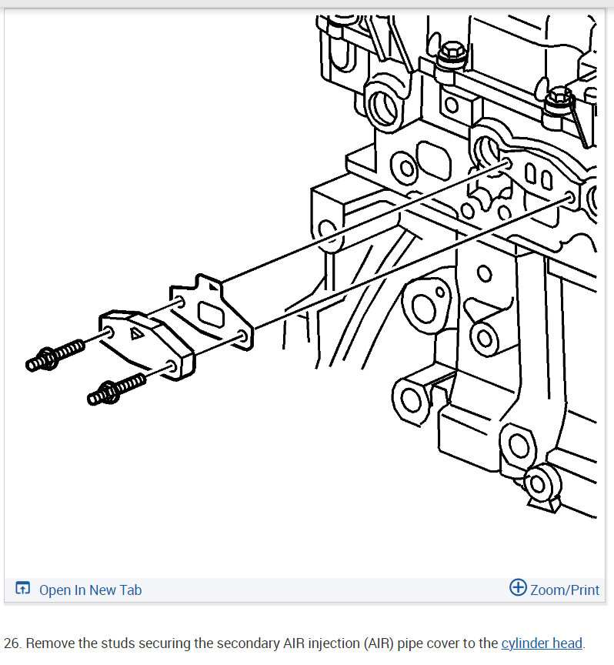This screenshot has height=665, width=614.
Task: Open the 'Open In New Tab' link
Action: (x=90, y=590)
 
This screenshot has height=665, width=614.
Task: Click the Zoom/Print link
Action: (x=564, y=590)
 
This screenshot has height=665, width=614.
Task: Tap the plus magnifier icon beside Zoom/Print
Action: (x=518, y=589)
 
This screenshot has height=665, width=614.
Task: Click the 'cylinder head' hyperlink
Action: (x=542, y=643)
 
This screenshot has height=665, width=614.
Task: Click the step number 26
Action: (x=12, y=643)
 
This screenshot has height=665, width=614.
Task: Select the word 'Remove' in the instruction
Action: (x=50, y=643)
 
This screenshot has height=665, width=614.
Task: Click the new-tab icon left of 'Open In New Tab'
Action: (x=22, y=590)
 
